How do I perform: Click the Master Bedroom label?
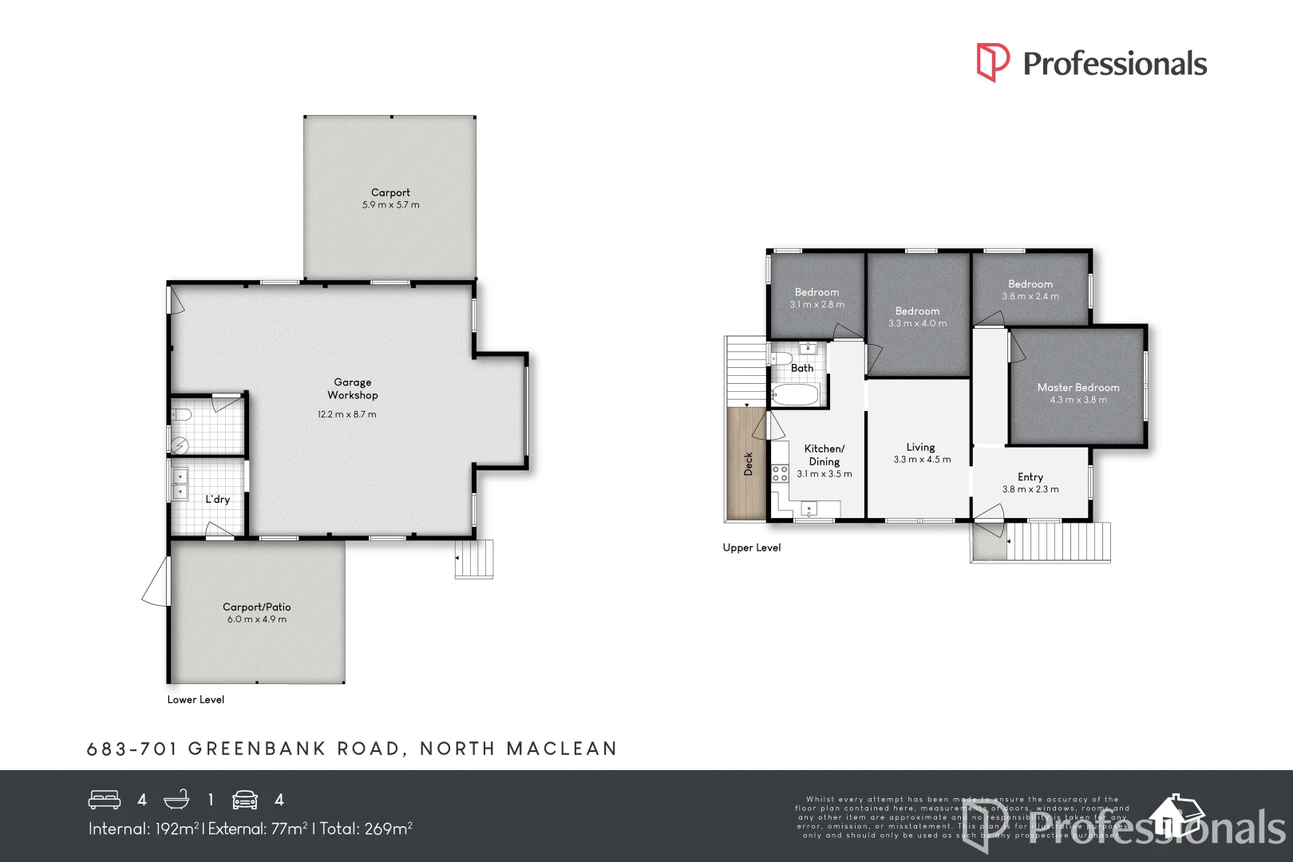(1077, 387)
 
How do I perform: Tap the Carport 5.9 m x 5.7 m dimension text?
(390, 205)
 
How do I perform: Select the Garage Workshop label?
(352, 389)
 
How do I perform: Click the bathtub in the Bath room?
(795, 394)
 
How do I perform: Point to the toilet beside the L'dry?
(182, 414)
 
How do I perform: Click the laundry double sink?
(181, 484)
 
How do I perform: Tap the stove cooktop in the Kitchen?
(780, 473)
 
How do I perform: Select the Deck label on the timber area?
(748, 464)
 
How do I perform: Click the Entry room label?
(1030, 476)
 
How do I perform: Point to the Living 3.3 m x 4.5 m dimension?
(922, 460)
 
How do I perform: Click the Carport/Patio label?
(256, 607)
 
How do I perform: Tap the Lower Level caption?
(196, 699)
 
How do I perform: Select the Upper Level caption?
(751, 548)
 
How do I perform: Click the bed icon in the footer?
(105, 800)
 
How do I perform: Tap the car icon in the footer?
(245, 800)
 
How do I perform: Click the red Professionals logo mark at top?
(992, 62)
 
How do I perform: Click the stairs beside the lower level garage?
(476, 559)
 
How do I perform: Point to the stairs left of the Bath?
(745, 371)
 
